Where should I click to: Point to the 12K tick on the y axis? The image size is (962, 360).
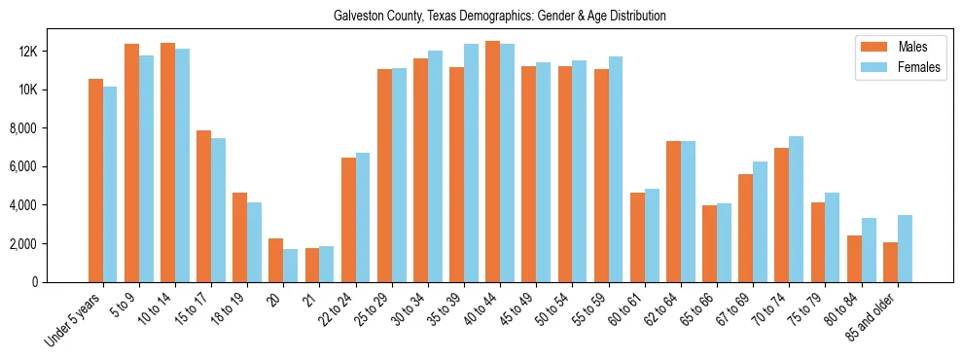(x=53, y=51)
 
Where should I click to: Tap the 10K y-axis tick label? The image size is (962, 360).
(x=53, y=90)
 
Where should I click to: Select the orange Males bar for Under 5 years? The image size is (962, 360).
(x=95, y=180)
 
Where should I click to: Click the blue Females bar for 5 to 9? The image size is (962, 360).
(x=146, y=168)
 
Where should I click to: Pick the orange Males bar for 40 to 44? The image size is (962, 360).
(x=492, y=162)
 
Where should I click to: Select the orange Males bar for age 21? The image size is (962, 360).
(x=312, y=265)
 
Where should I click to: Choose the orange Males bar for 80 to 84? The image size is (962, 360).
(x=854, y=259)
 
